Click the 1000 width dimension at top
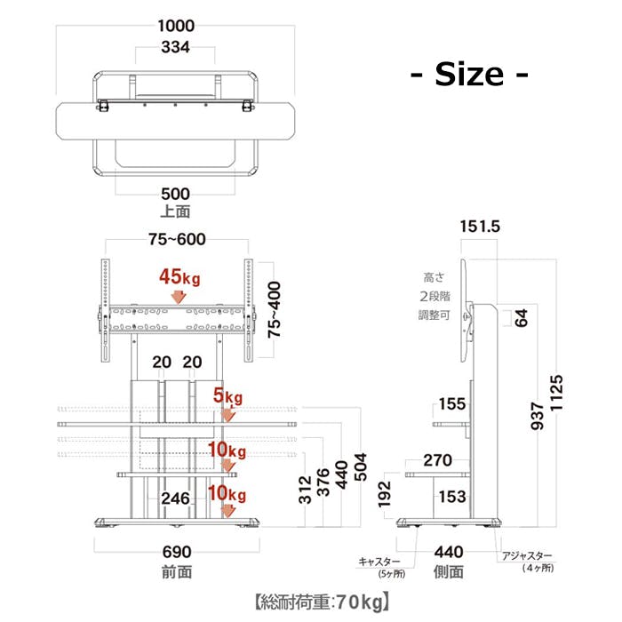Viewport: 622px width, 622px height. click(x=176, y=26)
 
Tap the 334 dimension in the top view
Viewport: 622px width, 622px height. click(x=175, y=47)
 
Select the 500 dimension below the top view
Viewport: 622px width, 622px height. click(x=175, y=194)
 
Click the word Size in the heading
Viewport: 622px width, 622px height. click(x=469, y=74)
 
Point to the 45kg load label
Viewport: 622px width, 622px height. click(x=179, y=277)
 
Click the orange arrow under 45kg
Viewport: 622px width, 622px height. click(x=179, y=297)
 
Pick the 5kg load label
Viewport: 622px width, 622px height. click(x=227, y=395)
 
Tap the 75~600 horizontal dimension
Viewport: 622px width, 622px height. click(x=177, y=239)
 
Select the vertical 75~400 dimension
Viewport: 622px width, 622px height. click(x=274, y=310)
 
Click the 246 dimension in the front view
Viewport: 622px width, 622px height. click(x=175, y=498)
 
